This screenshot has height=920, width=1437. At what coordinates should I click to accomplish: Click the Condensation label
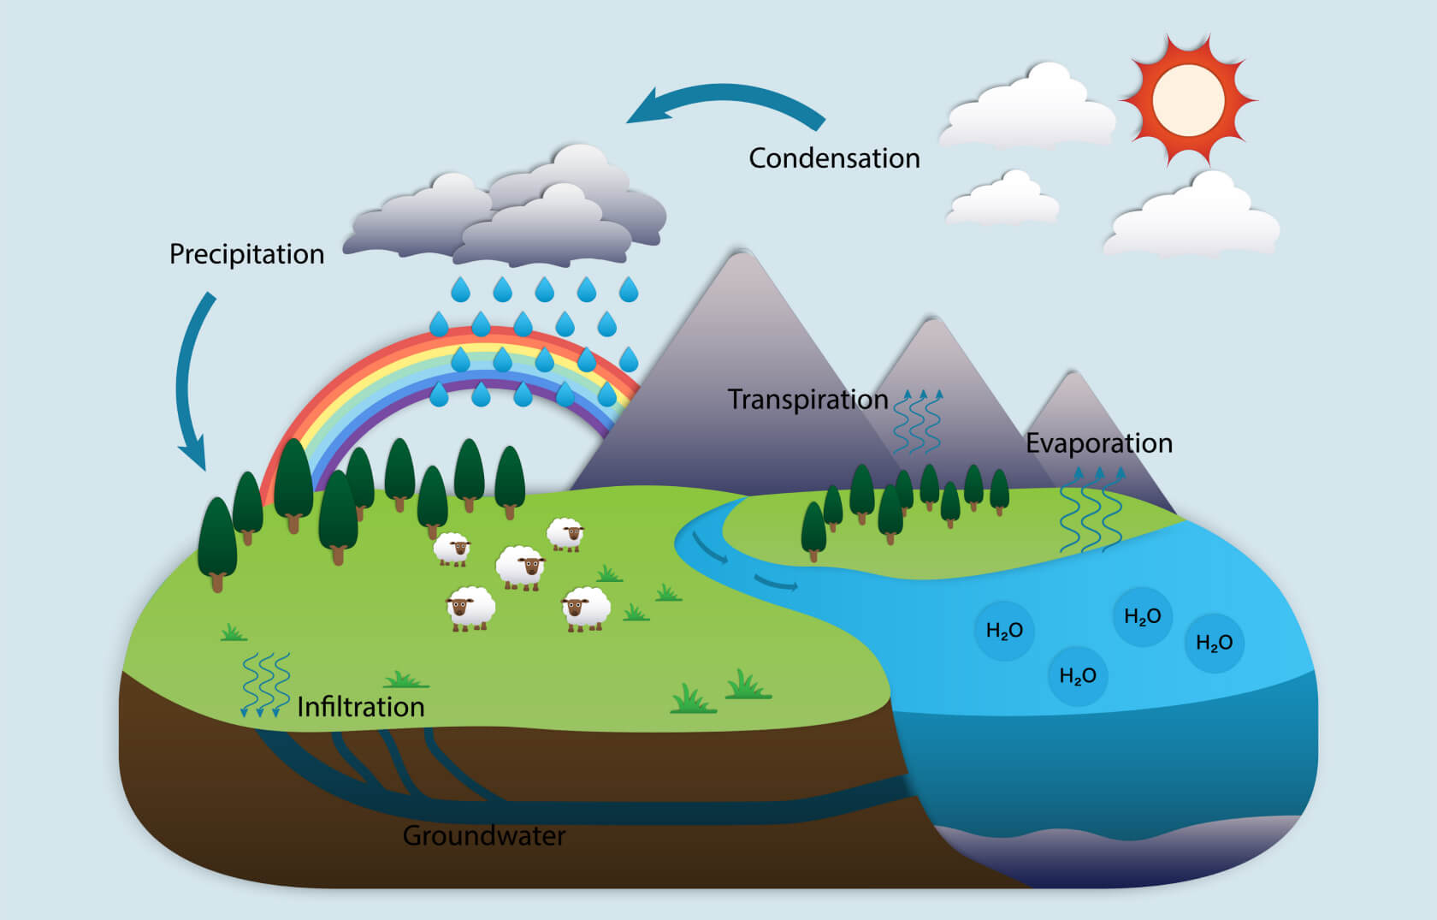pos(834,158)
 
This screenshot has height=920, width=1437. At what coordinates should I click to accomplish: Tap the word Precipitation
pos(247,254)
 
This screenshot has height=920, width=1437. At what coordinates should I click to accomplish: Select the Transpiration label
pos(807,400)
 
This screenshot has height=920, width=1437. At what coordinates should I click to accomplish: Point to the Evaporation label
pos(1099,443)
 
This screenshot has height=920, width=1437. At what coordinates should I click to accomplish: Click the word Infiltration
pos(361,707)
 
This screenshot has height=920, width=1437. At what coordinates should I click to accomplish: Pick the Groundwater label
pos(484,835)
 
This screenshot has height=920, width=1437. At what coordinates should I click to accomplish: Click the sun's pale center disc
pos(1188,100)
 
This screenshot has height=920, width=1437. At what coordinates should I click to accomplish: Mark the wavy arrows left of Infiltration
pos(265,685)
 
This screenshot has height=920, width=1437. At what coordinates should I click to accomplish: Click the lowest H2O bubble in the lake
pos(1078,676)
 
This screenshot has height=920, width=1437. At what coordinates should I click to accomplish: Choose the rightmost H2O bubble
pos(1215,643)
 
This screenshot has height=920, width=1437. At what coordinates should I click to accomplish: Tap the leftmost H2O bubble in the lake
pos(1004,631)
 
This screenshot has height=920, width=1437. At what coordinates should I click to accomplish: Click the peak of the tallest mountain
pos(741,252)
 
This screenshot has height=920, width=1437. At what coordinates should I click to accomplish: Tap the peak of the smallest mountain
pos(1072,373)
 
